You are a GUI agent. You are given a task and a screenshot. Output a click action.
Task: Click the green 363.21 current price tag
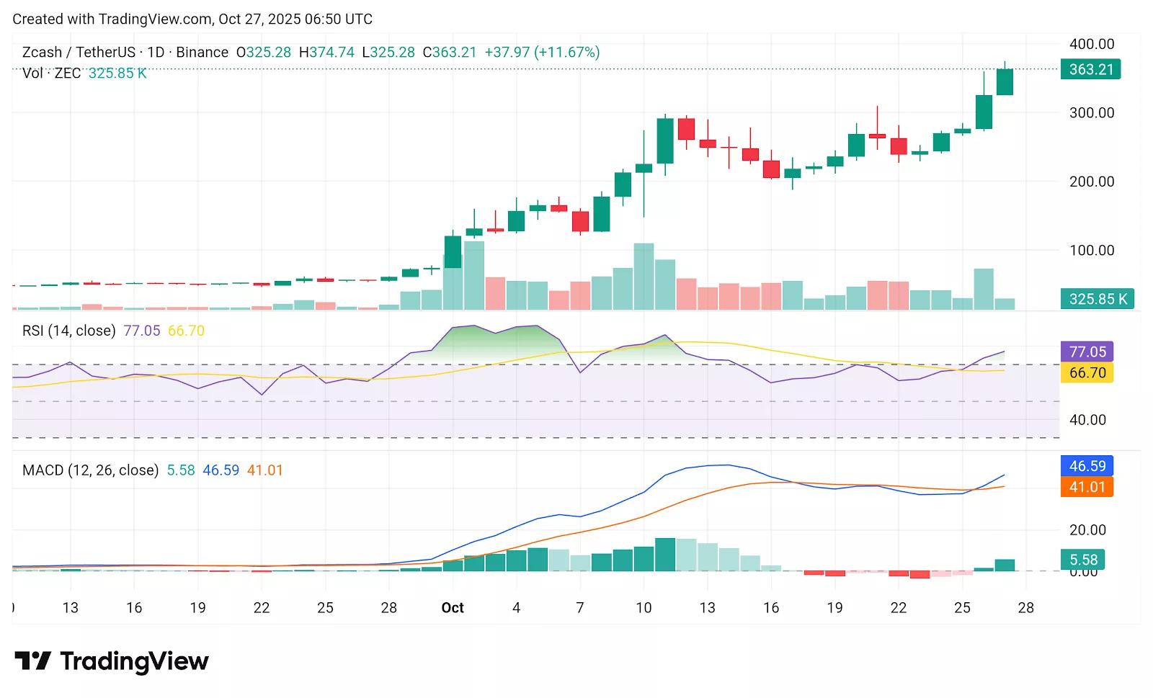click(x=1090, y=70)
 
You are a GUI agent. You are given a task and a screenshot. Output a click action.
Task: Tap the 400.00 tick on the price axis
click(x=1091, y=44)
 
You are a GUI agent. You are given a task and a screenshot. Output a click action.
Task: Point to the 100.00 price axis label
click(x=1091, y=251)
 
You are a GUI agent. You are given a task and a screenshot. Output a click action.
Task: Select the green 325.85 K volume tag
click(x=1097, y=299)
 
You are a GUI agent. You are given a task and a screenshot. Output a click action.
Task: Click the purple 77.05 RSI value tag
click(x=1087, y=352)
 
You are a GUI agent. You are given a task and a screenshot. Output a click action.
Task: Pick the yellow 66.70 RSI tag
click(x=1087, y=373)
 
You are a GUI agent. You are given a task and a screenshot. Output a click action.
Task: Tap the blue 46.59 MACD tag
click(x=1087, y=466)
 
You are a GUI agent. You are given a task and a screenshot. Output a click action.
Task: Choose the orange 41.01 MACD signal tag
click(x=1087, y=488)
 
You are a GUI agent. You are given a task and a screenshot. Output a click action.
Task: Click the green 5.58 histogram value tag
click(x=1083, y=560)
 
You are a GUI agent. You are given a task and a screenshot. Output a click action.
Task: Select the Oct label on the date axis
click(x=453, y=608)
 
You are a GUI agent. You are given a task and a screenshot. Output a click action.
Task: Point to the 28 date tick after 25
click(x=1025, y=608)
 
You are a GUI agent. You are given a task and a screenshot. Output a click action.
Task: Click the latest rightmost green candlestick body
click(x=1005, y=81)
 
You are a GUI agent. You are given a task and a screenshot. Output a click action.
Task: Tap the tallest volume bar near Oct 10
click(x=644, y=277)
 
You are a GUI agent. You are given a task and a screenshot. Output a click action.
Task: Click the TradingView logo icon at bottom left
click(x=32, y=661)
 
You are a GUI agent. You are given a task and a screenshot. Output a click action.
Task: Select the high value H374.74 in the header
click(x=326, y=53)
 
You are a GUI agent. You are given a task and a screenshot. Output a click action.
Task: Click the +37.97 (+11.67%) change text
click(x=542, y=53)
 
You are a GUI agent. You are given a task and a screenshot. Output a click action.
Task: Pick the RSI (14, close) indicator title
click(x=68, y=331)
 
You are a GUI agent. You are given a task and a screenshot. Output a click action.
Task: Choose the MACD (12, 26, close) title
click(x=90, y=470)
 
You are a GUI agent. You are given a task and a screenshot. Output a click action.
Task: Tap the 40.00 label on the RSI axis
click(x=1087, y=420)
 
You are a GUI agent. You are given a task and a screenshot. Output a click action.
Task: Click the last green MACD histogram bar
click(x=1005, y=565)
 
